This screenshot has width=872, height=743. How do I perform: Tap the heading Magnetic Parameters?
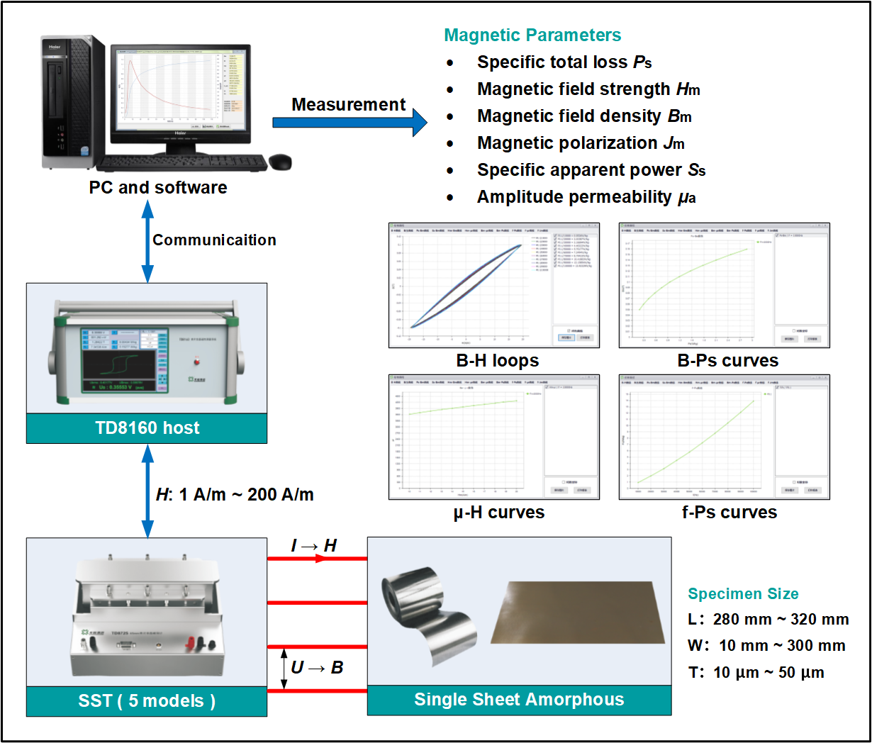point(532,35)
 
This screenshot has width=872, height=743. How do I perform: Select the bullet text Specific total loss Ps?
point(564,62)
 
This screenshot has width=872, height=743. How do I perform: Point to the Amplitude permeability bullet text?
point(586,197)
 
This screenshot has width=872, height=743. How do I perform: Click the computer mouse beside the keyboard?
point(280,162)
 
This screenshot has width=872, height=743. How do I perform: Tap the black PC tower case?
point(72,103)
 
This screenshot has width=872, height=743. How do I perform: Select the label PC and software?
point(158,188)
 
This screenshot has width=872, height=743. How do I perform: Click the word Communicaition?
point(214,240)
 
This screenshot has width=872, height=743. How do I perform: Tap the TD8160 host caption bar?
point(147,428)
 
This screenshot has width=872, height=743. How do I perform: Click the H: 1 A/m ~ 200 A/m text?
point(235,495)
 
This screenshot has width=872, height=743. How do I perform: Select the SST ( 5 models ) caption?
point(147,701)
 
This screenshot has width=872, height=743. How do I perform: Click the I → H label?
point(313,545)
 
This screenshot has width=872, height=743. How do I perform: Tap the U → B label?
point(317,668)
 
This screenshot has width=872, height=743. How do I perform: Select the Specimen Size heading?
point(743,594)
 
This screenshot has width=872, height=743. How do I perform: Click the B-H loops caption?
point(497,361)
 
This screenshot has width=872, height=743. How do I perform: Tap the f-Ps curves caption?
point(729,513)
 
